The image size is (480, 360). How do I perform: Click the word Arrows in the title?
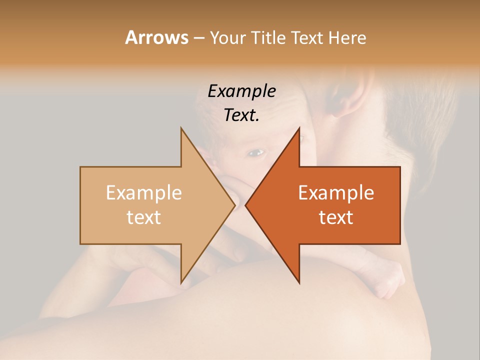pos(156,37)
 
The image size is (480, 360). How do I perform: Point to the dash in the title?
pos(198,38)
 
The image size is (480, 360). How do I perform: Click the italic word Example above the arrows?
pos(242,91)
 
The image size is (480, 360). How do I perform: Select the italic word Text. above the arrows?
pos(242,115)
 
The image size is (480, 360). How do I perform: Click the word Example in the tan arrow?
pos(144,192)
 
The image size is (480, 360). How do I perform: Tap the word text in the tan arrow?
pos(144,217)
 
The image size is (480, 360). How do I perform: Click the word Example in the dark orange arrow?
pos(336,192)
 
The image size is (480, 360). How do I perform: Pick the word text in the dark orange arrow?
pos(336,217)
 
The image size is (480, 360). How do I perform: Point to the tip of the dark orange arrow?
pos(246,205)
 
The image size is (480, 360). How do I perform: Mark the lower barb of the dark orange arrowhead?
pos(299,282)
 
